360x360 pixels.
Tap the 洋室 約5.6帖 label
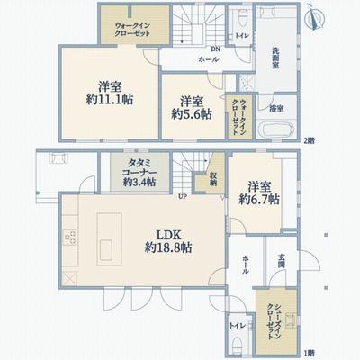click(191, 108)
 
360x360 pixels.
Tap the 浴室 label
click(278, 109)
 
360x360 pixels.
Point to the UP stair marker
click(183, 196)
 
